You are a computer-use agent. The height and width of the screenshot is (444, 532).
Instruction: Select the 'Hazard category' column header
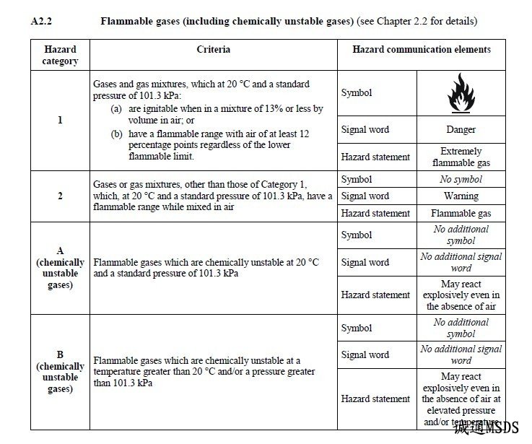pos(60,55)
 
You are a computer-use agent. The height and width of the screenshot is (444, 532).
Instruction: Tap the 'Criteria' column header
pos(214,49)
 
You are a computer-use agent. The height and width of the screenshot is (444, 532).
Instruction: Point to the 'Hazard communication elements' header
pos(422,49)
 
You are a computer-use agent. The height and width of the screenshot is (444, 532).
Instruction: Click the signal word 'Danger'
pos(461,130)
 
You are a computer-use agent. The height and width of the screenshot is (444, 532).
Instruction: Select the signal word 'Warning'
pos(461,196)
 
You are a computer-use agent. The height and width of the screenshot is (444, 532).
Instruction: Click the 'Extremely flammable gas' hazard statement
pos(461,157)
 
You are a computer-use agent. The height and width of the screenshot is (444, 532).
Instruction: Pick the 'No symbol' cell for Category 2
pos(461,179)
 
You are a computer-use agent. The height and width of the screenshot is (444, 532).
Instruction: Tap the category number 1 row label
pos(60,121)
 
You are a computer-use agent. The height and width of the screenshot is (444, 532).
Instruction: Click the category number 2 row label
pos(60,196)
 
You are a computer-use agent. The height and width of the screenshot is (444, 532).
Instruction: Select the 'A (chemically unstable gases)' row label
pos(60,268)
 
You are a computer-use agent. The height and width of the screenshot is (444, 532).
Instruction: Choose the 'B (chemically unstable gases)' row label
pos(60,372)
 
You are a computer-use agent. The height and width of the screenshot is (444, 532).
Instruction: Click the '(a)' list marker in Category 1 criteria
pos(115,108)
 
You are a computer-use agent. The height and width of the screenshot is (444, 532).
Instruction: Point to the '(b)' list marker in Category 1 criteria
pos(115,134)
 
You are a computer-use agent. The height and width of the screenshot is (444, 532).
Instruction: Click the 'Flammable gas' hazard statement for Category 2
pos(461,213)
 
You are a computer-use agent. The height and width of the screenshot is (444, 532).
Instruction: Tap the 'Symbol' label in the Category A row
pos(357,235)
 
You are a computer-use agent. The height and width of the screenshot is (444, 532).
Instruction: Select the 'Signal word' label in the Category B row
pos(365,354)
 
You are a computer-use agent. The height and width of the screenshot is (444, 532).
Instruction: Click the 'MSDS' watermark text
pos(497,428)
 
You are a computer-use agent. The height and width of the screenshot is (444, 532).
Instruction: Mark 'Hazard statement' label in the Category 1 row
pos(375,157)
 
